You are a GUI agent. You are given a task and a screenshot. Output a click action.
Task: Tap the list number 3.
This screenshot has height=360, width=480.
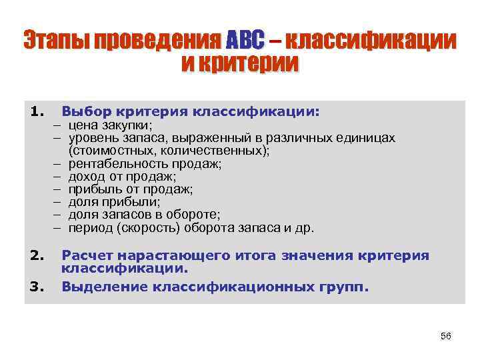[x=37, y=287]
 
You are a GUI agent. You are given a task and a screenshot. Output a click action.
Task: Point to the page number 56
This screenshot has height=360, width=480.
[x=446, y=336]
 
